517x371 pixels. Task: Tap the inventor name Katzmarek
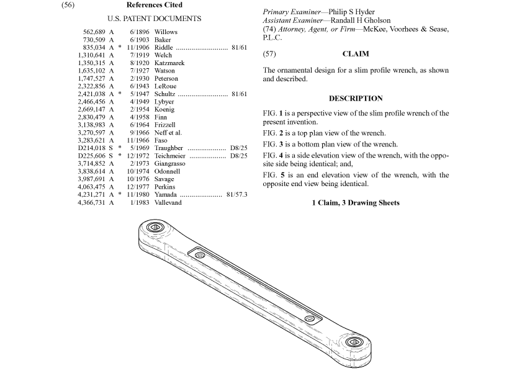coord(169,63)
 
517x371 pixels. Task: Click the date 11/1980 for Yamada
coord(140,195)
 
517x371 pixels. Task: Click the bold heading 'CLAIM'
coord(356,54)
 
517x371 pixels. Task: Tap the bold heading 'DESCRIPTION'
coord(356,98)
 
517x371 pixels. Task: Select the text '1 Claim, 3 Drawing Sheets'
coord(356,203)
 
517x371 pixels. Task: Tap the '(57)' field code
coord(269,54)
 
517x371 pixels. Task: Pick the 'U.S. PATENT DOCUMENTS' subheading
coord(154,19)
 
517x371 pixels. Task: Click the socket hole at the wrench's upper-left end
coord(155,228)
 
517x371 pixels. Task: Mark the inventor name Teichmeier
coord(171,156)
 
